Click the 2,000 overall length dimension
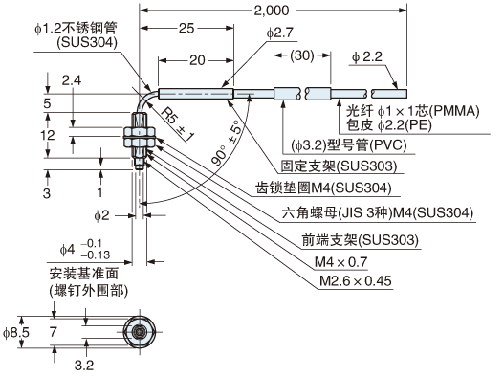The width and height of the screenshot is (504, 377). pos(272,11)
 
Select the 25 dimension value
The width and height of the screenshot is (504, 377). pos(186,29)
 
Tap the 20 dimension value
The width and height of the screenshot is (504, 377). pos(197,60)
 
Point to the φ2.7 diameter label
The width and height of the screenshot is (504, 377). pos(280,33)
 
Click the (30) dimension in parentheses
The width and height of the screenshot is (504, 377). pos(302,55)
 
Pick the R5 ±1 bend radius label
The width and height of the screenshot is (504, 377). pos(177,124)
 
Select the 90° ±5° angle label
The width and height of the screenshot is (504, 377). pos(227,143)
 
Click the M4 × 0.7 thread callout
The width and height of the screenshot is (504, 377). pos(340,262)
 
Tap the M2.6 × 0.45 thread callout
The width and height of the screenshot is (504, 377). pos(356,280)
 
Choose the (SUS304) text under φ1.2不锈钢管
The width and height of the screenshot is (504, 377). pos(87,42)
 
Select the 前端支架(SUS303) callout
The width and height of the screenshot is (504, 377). pos(361,240)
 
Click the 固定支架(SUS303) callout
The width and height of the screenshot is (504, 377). pos(340,166)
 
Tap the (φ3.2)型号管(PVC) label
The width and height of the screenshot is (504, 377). pos(349,145)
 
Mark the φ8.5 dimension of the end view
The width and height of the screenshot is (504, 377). pos(16,332)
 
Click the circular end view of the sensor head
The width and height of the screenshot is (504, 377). pos(140,332)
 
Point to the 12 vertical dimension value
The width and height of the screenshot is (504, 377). pos(47,135)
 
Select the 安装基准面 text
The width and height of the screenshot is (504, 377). pos(84,274)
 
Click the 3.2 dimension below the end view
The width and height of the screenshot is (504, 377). pos(84,366)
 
